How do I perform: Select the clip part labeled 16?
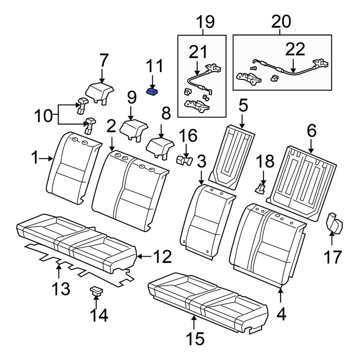184,160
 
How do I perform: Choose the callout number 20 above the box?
281,22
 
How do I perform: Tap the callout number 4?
281,314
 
